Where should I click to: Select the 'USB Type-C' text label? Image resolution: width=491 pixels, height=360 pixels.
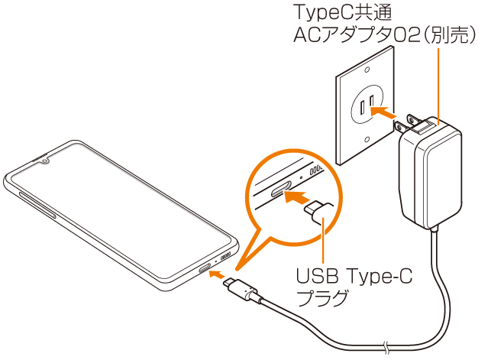coord(353,277)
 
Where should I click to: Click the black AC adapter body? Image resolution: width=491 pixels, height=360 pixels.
coord(431,175)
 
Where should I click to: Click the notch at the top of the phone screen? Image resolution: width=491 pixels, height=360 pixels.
coord(45,161)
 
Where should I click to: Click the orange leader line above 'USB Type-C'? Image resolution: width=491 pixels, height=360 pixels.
coord(324,243)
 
